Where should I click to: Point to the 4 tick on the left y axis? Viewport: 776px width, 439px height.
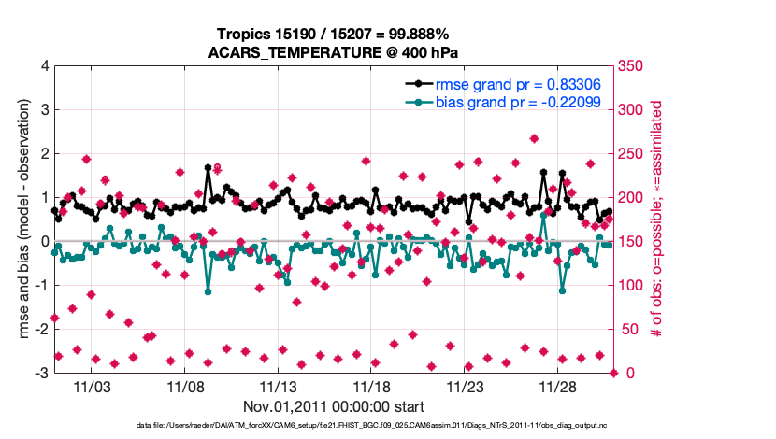[x=44, y=66]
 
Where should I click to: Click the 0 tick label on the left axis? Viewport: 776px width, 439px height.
[x=44, y=242]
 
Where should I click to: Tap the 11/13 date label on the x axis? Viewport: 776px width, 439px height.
[x=279, y=387]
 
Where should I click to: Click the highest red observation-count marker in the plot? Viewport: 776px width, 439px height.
[x=534, y=138]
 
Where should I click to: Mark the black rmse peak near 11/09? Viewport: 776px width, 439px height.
[x=208, y=168]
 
